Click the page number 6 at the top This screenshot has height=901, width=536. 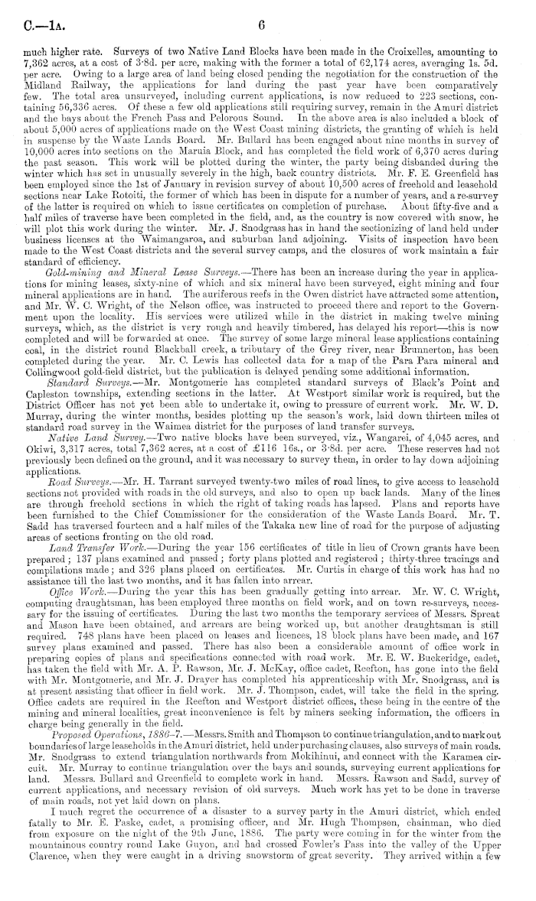tap(260, 24)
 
